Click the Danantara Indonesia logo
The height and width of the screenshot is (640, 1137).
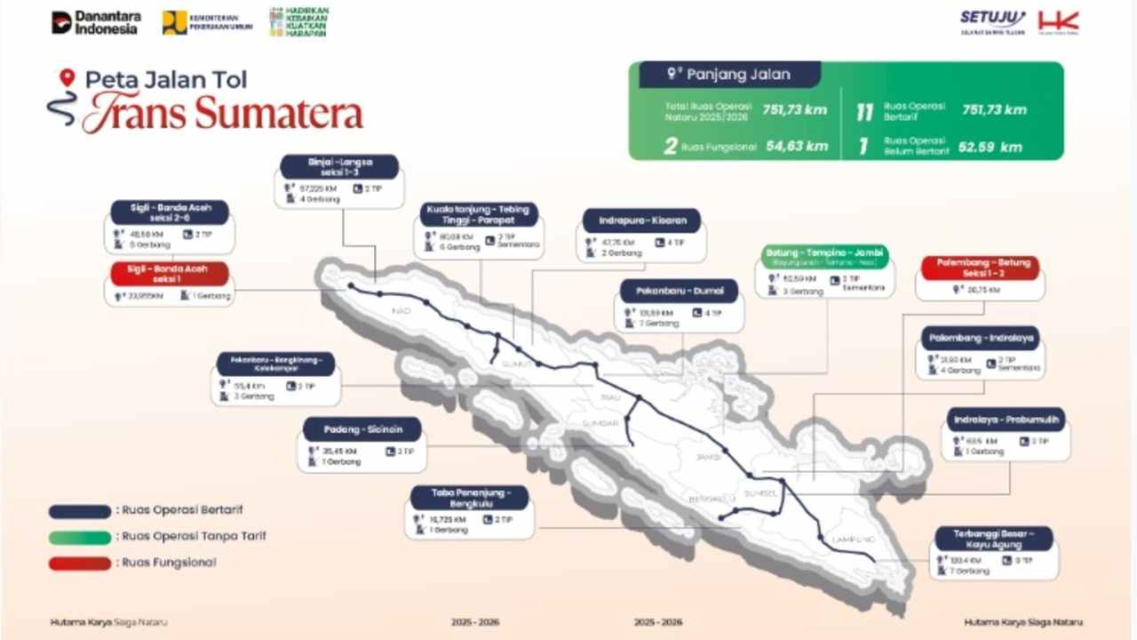point(95,22)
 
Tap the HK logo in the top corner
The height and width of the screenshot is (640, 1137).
point(1058,22)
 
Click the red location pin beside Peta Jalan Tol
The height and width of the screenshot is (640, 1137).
point(66,78)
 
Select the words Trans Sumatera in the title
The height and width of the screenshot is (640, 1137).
point(223,114)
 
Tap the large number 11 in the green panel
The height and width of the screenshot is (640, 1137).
point(864,112)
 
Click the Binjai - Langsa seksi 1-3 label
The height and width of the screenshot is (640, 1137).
point(339,167)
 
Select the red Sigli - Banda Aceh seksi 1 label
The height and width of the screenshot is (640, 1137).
point(169,273)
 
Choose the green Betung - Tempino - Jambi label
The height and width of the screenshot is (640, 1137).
point(824,257)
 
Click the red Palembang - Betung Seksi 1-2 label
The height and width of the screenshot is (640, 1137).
point(980,268)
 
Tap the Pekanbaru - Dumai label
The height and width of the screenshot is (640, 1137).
point(680,291)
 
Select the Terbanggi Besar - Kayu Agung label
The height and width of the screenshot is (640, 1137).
point(994,539)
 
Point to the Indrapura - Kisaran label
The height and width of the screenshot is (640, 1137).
point(641,220)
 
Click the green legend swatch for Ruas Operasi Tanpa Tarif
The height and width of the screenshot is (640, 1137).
point(80,537)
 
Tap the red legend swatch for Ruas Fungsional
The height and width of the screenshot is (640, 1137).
point(80,564)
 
